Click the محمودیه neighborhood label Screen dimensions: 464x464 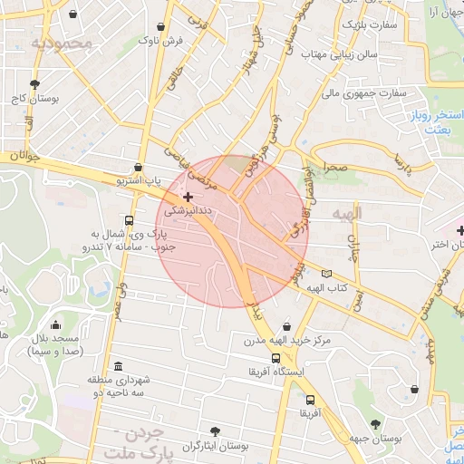coord(61,43)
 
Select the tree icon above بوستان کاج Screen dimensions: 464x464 coord(35,84)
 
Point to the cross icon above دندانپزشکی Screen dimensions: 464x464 coord(188,197)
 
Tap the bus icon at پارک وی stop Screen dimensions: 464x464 coord(130,220)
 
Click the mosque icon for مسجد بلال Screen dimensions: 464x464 coord(56,325)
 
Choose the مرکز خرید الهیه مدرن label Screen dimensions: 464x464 coord(286,342)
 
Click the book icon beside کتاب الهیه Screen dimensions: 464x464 coord(326,274)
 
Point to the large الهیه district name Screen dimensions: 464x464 coord(347,214)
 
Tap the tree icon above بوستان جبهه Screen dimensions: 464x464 coord(375,424)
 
